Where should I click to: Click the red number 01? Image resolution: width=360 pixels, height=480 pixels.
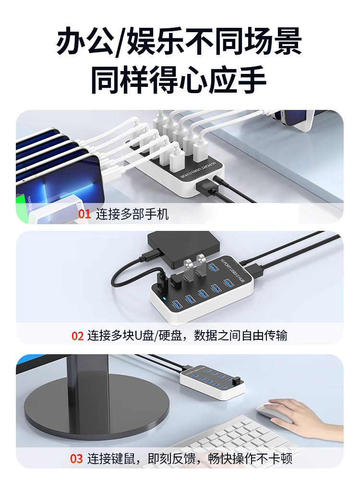click(x=84, y=214)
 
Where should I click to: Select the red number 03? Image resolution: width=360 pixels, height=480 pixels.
click(x=77, y=458)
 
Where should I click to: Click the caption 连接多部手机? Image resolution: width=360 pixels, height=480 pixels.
click(x=132, y=214)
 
